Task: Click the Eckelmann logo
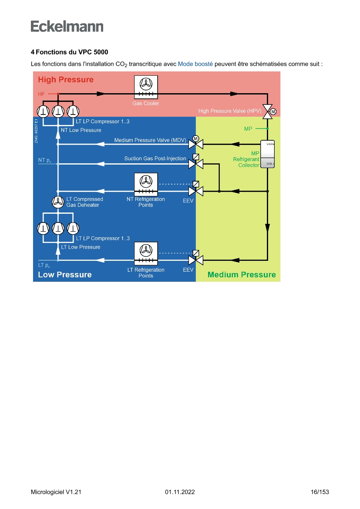click(x=67, y=26)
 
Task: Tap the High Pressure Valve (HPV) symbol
click(x=268, y=111)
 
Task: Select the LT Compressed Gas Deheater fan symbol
click(x=58, y=202)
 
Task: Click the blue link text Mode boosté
click(x=195, y=64)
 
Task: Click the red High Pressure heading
click(x=66, y=80)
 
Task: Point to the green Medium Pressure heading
click(x=242, y=275)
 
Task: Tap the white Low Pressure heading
click(x=65, y=275)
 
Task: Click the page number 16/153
click(x=320, y=492)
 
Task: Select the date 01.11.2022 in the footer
click(x=180, y=492)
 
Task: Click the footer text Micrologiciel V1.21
click(x=56, y=492)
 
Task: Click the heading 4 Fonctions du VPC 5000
click(x=69, y=52)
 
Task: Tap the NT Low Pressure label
click(x=81, y=130)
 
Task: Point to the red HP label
click(x=41, y=94)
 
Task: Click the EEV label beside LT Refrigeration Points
click(x=188, y=270)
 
